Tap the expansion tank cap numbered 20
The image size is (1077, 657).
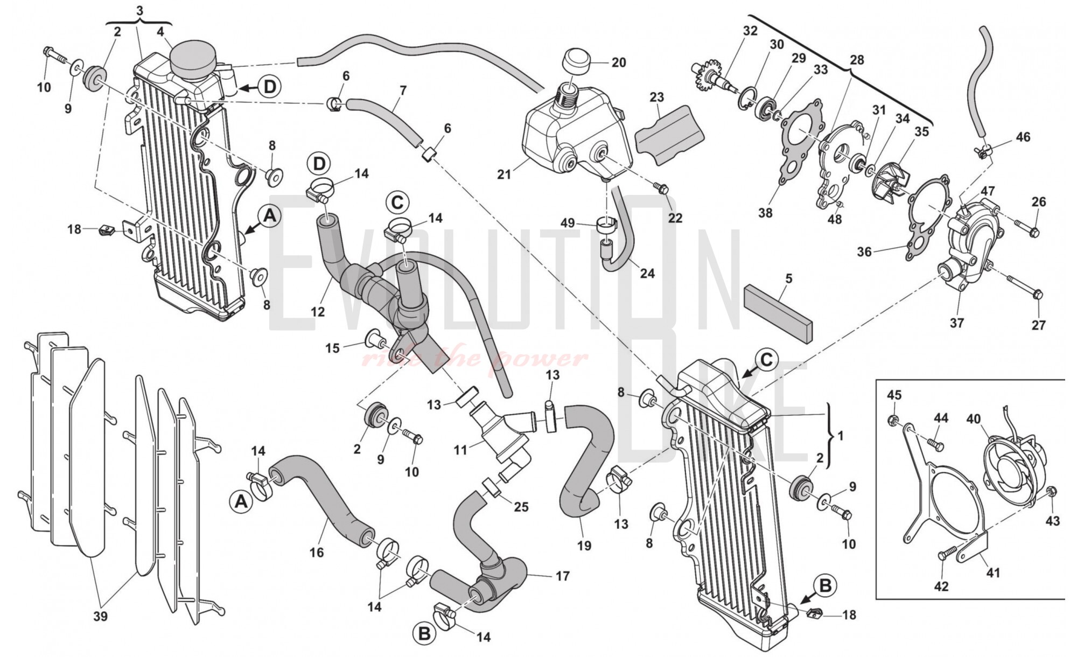[577, 64]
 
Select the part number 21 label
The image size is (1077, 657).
[504, 174]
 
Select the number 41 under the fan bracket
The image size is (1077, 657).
[992, 573]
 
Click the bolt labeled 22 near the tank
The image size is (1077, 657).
[661, 188]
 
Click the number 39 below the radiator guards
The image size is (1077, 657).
[101, 617]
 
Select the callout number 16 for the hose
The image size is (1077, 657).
[317, 552]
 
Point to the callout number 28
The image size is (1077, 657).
[856, 60]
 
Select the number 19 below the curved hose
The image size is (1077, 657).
[584, 546]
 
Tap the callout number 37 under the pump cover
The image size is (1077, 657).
[957, 323]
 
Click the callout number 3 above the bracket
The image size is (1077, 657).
[140, 10]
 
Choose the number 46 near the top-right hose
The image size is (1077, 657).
[1023, 137]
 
